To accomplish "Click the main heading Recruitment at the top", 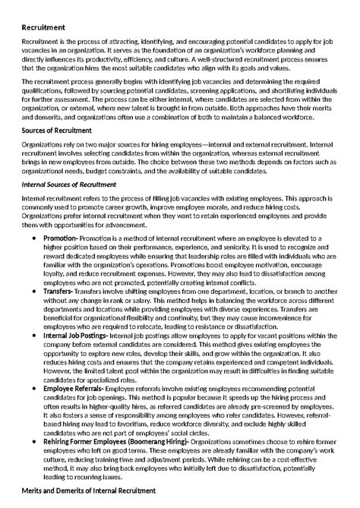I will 43,27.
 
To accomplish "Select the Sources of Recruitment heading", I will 55,131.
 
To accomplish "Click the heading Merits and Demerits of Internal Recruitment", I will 88,491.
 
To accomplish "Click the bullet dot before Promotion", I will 36,238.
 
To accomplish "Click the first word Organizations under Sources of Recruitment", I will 43,144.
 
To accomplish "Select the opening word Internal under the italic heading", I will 35,197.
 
